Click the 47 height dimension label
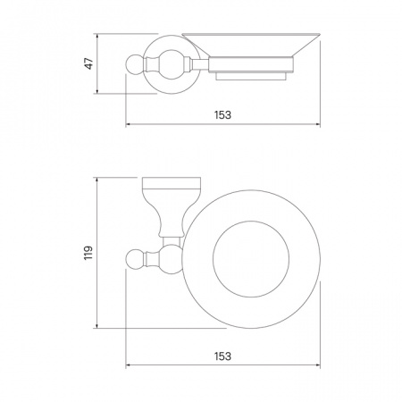pos(89,63)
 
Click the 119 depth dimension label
pos(88,253)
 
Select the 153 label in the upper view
pos(222,114)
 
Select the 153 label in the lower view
pos(222,356)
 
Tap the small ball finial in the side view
pos(135,64)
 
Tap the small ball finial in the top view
pos(136,259)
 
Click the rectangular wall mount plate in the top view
pos(172,183)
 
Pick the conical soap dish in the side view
pos(251,45)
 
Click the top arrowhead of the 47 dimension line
pos(97,36)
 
